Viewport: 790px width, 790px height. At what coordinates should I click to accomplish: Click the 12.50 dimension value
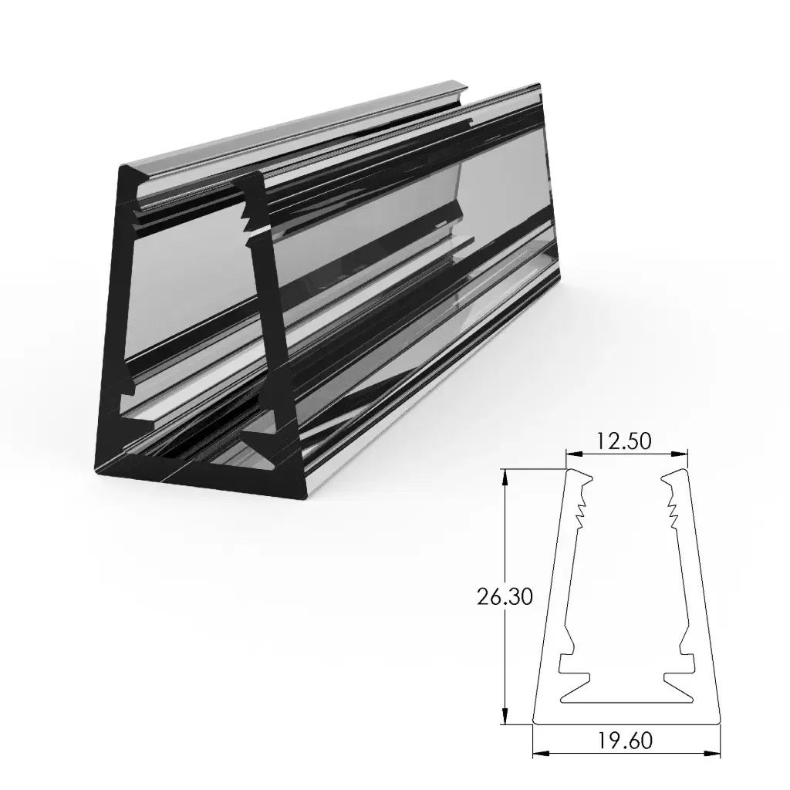click(x=626, y=441)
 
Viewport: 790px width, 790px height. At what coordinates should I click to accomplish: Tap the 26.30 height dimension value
click(x=505, y=597)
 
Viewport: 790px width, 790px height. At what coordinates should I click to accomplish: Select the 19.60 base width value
click(x=625, y=741)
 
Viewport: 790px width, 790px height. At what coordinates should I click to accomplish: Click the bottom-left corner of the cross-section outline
click(x=534, y=724)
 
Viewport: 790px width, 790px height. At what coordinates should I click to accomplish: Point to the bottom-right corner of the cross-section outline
click(x=719, y=724)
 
